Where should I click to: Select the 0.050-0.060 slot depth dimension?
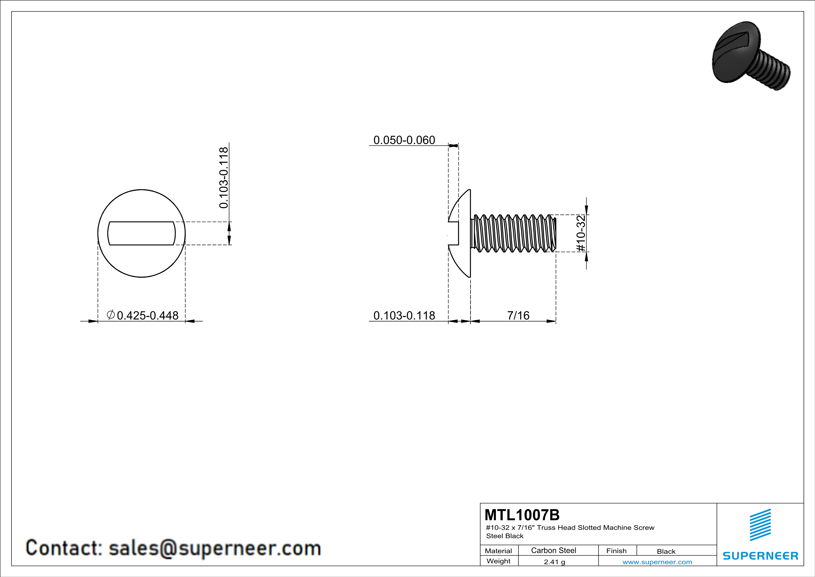click(x=404, y=140)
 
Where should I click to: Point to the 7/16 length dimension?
click(x=518, y=315)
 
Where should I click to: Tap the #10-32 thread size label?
click(x=581, y=233)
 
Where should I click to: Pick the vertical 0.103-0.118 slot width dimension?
click(x=224, y=178)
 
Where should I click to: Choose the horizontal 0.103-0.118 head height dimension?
click(x=404, y=315)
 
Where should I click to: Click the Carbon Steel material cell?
click(x=553, y=550)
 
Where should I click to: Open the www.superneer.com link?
click(x=657, y=562)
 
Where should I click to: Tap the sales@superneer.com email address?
click(x=215, y=548)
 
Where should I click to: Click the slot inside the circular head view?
click(x=141, y=233)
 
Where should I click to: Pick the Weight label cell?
click(x=498, y=561)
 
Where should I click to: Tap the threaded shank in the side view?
click(x=513, y=233)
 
